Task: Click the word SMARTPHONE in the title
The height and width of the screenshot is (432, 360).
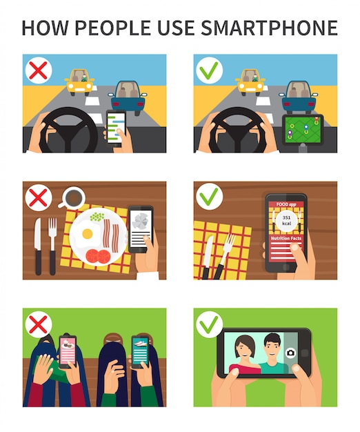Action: point(269,28)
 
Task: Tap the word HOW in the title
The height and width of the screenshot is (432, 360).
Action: point(45,28)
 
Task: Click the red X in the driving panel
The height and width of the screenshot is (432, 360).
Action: point(38,70)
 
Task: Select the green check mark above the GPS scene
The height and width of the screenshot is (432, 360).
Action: point(209,70)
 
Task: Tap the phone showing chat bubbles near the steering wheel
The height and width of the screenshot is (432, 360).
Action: point(116,127)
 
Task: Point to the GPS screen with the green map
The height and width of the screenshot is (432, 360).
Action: point(303,130)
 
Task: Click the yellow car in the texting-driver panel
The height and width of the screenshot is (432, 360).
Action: point(79,82)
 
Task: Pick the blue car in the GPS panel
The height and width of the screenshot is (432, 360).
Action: point(299,97)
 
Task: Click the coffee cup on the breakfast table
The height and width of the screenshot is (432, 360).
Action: point(72,197)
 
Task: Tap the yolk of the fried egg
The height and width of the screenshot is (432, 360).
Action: point(88,234)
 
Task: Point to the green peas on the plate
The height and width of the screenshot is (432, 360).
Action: point(97,217)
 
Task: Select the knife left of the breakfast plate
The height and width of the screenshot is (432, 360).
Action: point(38,246)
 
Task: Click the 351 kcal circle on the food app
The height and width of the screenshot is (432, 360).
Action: point(286,220)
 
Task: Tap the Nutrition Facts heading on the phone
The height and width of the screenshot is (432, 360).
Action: point(286,238)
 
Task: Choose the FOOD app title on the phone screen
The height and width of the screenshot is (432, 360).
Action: point(286,204)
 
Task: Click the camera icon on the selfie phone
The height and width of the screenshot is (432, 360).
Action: point(290,353)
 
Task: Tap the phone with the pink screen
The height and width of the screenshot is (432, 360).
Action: point(68,351)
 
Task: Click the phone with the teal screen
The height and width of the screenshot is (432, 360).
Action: point(140,351)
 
